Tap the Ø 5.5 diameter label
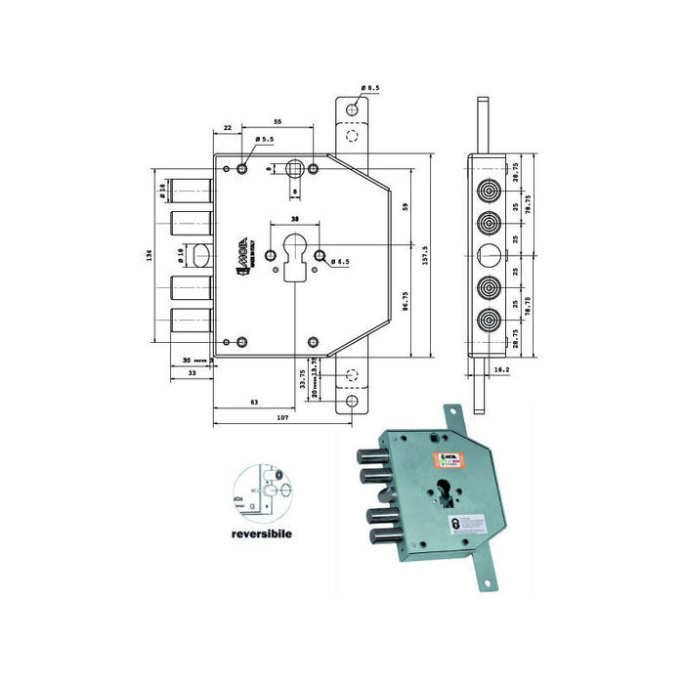click(264, 141)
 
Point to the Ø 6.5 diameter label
click(340, 262)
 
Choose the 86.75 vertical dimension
click(405, 305)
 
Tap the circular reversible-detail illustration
click(261, 494)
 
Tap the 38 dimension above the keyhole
click(295, 219)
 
